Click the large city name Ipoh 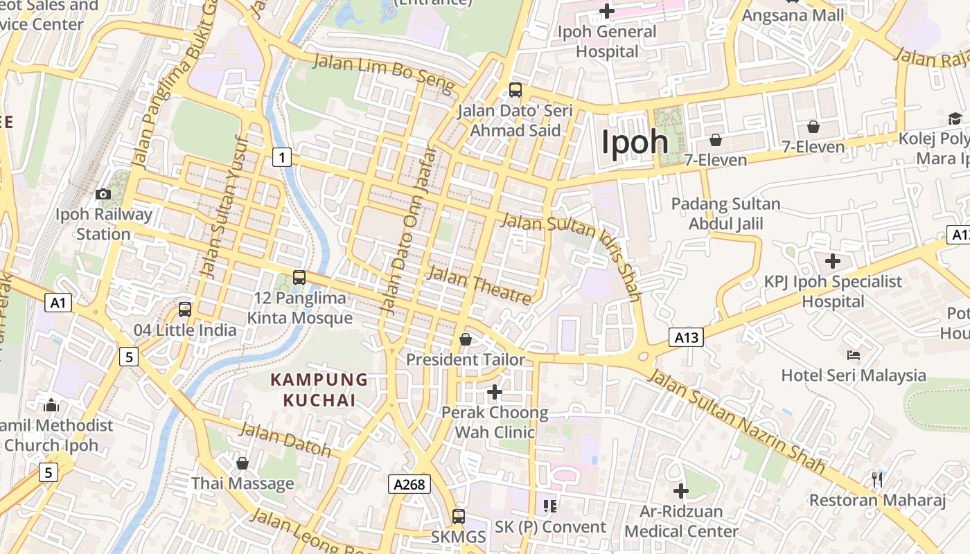click(635, 143)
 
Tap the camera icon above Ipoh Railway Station click(103, 194)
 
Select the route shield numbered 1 click(281, 158)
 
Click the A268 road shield click(409, 484)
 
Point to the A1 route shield click(59, 303)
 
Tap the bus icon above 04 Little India click(185, 310)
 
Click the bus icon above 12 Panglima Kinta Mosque click(299, 278)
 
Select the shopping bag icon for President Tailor click(466, 339)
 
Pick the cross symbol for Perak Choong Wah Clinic click(494, 392)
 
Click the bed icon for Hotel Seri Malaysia click(854, 355)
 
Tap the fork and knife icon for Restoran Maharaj click(877, 479)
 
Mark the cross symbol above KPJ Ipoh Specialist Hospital click(833, 261)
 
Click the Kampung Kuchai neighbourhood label click(319, 390)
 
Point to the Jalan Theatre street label click(479, 284)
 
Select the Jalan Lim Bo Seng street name click(384, 74)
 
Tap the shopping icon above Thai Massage click(242, 463)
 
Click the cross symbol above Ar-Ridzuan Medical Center click(681, 491)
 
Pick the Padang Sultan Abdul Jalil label click(725, 214)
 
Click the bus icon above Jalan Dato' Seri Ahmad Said click(515, 89)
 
